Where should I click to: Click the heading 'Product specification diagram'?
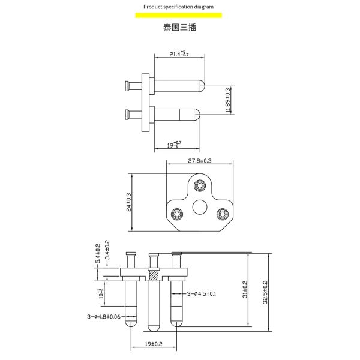pyautogui.click(x=178, y=7)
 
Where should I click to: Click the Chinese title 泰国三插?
pyautogui.click(x=179, y=28)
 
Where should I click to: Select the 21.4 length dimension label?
pyautogui.click(x=178, y=55)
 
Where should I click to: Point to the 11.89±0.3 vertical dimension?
pyautogui.click(x=227, y=100)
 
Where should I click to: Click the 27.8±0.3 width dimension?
pyautogui.click(x=200, y=161)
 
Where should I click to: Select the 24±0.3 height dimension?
pyautogui.click(x=129, y=203)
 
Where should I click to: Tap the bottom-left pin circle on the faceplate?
pyautogui.click(x=177, y=214)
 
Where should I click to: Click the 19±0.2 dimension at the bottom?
pyautogui.click(x=154, y=344)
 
